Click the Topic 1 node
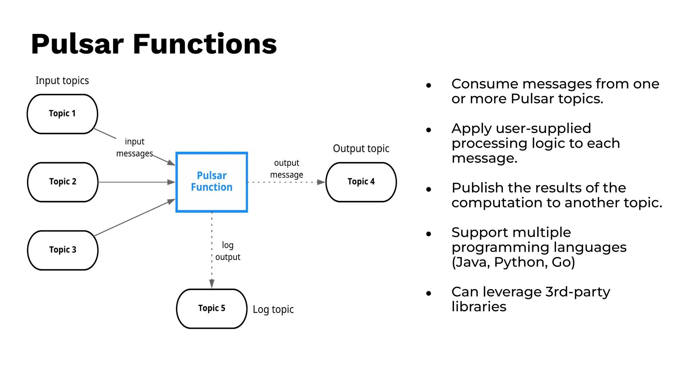point(62,114)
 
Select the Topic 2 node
point(63,182)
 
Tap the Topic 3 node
point(63,250)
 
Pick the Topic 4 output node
point(361,182)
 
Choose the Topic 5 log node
point(211,309)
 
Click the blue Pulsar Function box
point(211,182)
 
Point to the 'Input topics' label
point(62,81)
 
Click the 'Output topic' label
point(361,149)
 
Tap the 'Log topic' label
point(273,310)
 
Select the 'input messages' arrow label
point(135,148)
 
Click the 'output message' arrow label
point(286,169)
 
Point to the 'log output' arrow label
point(228,251)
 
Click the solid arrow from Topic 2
point(136,182)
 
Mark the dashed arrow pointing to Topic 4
point(285,182)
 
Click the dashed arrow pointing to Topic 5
point(212,251)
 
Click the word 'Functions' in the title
point(205,44)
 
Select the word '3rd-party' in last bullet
point(577,292)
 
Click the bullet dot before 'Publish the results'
point(429,189)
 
